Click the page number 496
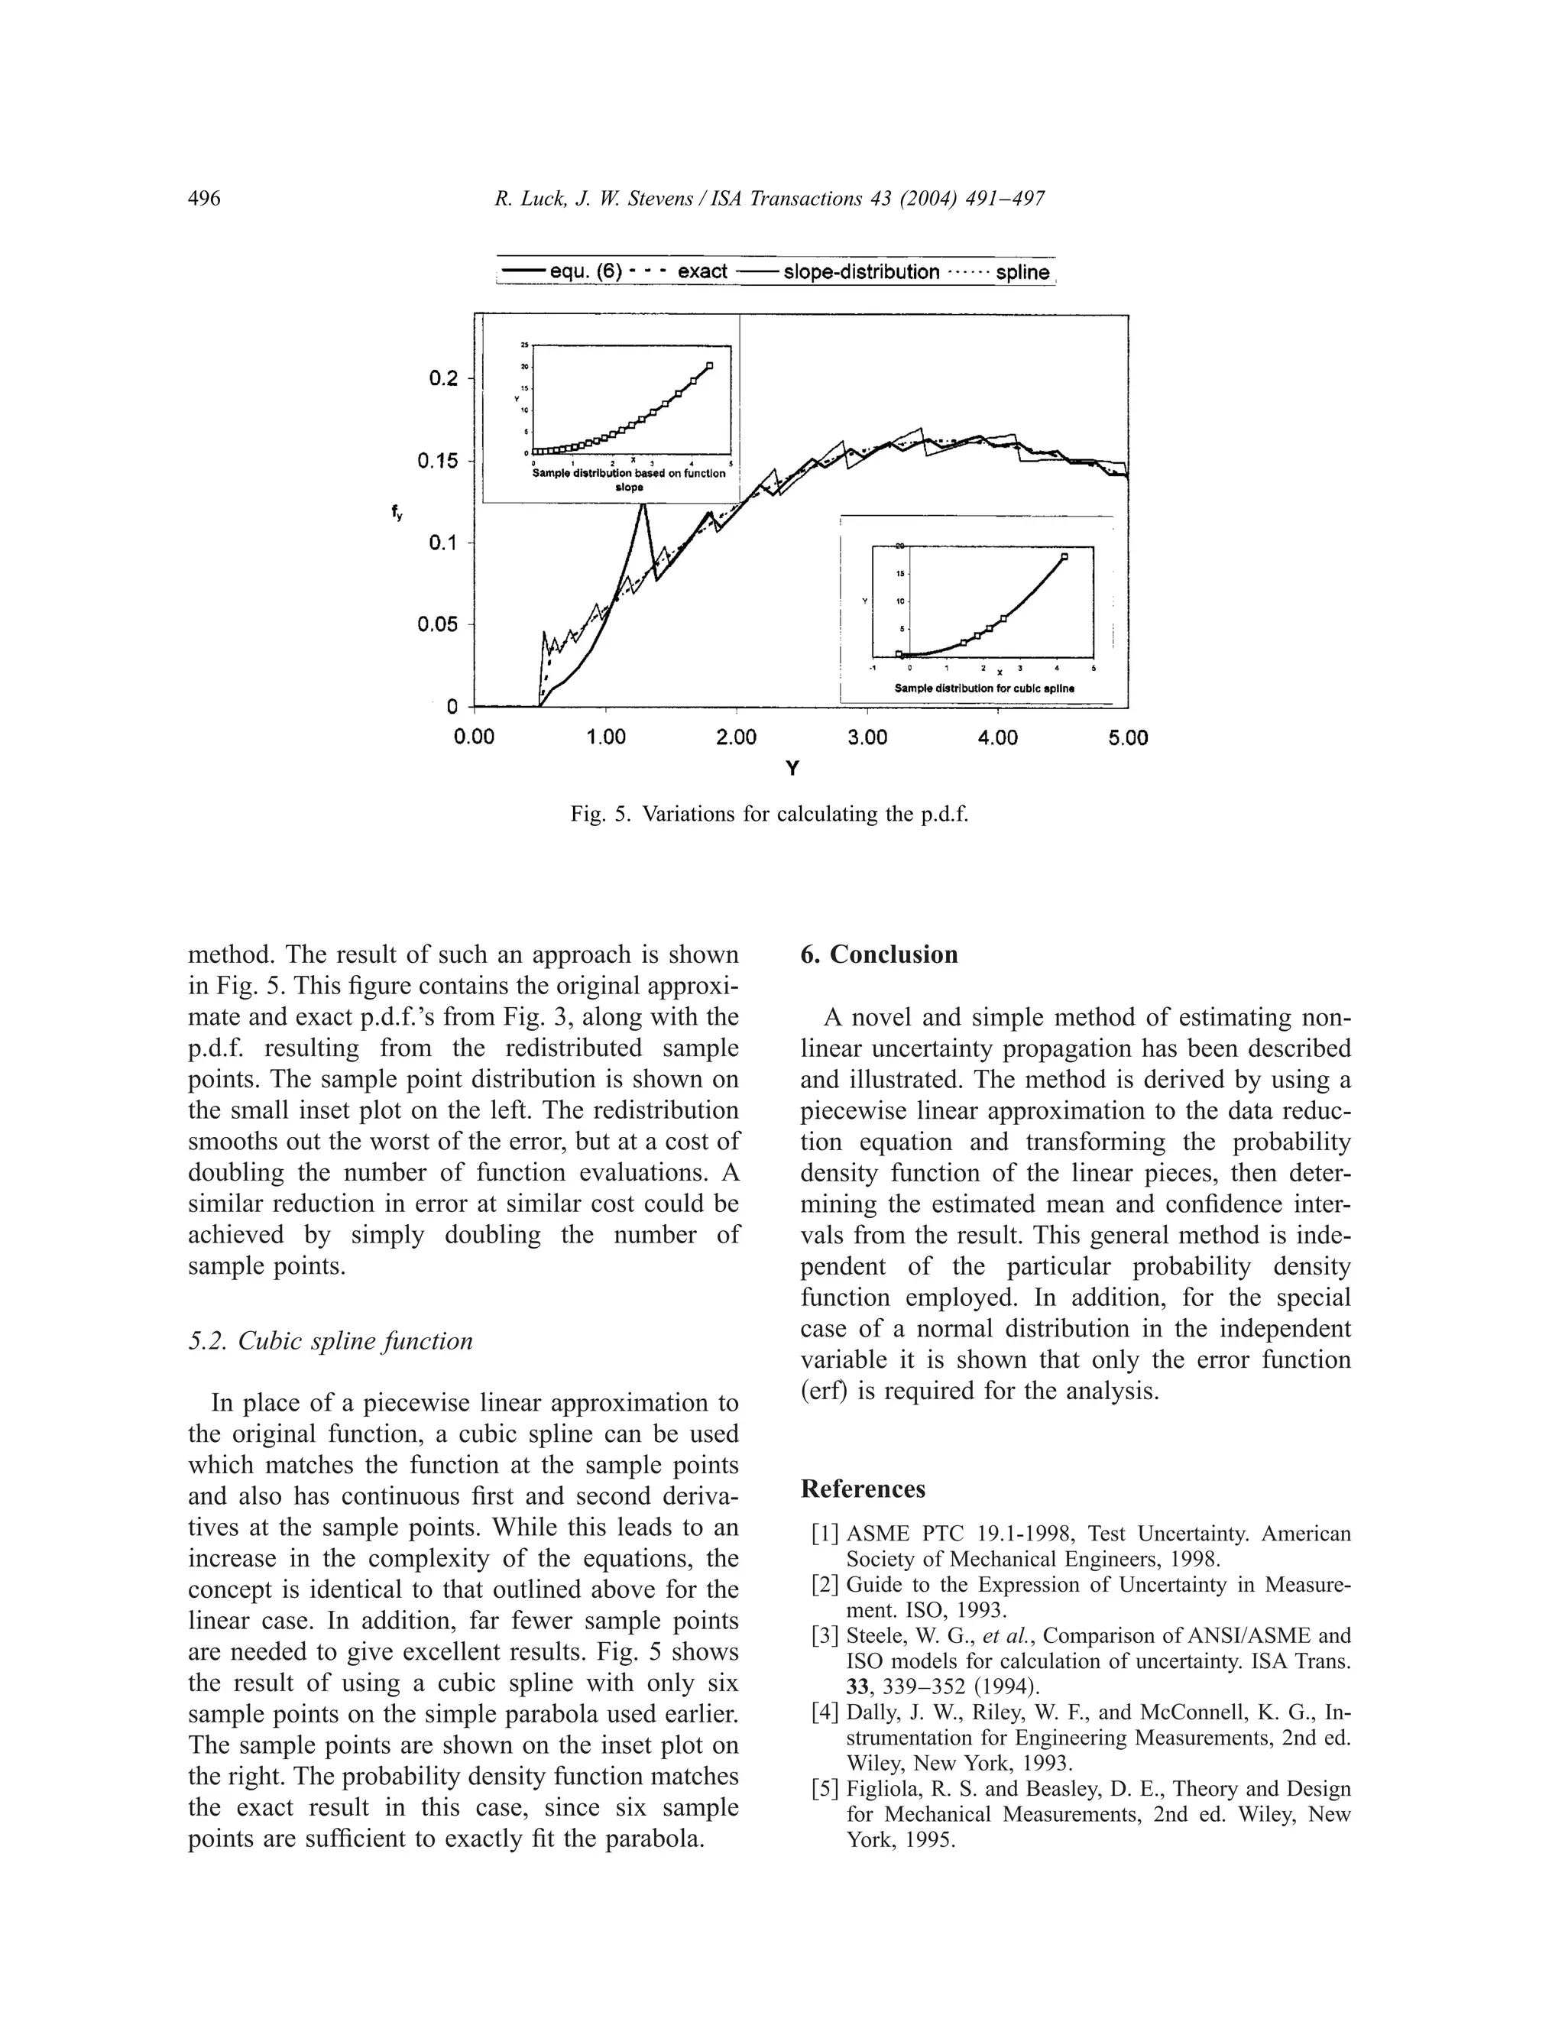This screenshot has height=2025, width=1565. (204, 199)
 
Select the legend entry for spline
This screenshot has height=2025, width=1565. (1022, 273)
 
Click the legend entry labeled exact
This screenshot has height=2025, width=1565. (701, 273)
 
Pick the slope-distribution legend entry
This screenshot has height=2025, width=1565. (860, 273)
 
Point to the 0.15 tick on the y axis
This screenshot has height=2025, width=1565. (438, 461)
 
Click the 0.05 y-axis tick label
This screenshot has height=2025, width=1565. (438, 624)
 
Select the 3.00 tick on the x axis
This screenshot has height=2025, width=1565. (867, 738)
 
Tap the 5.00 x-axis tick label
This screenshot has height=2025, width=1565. (1127, 738)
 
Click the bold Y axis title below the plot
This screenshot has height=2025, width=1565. (792, 769)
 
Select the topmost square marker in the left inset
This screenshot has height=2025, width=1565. (710, 366)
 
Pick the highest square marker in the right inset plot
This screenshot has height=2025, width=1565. (1064, 556)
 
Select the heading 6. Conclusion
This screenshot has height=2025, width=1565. (879, 955)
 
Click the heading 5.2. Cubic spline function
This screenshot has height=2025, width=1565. (330, 1342)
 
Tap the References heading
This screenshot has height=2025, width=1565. (862, 1489)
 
